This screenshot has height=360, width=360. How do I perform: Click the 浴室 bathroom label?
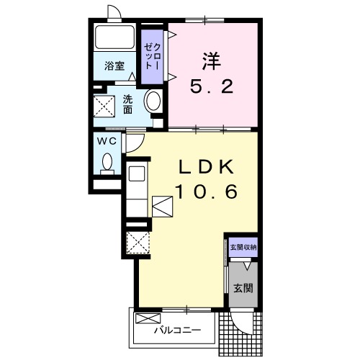click(x=114, y=66)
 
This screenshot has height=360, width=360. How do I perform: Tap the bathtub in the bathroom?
click(x=114, y=37)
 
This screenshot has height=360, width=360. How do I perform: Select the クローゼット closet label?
click(x=152, y=57)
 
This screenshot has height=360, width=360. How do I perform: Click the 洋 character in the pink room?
click(x=212, y=61)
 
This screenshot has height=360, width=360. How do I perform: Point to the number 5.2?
click(x=212, y=86)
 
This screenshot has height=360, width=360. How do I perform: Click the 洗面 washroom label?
click(x=127, y=104)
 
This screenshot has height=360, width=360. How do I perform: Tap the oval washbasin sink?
click(x=153, y=102)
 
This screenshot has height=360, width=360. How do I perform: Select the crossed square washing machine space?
click(x=104, y=107)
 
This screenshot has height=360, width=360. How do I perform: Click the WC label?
click(x=107, y=141)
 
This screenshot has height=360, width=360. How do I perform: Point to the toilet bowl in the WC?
click(x=107, y=163)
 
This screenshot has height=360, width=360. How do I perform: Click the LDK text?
click(x=206, y=167)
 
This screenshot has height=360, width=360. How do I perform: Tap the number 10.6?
click(x=207, y=192)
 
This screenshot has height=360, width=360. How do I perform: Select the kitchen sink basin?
click(x=137, y=174)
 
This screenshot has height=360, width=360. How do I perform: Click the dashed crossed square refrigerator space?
click(x=138, y=243)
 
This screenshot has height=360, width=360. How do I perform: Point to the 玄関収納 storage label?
click(x=243, y=247)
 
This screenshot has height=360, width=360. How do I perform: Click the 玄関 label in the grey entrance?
click(x=243, y=288)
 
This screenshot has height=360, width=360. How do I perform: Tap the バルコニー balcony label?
click(x=177, y=330)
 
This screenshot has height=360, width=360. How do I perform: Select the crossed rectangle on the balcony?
click(x=148, y=318)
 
